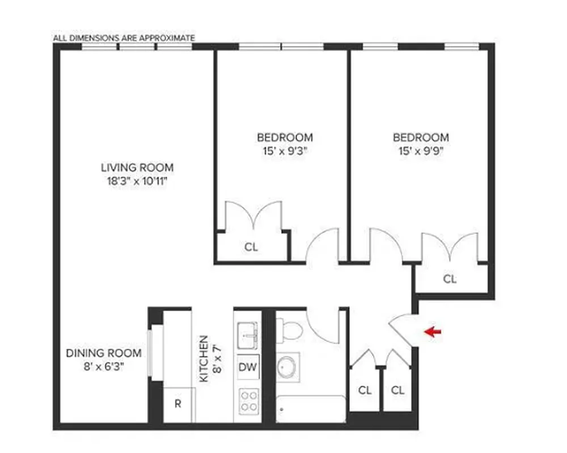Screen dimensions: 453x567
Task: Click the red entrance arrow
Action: [433, 332]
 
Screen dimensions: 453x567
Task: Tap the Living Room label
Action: [137, 168]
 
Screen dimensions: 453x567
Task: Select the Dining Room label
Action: [104, 353]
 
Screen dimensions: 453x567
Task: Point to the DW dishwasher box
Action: [248, 367]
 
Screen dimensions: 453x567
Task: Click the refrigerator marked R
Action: [177, 404]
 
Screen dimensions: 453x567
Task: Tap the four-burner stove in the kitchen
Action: [248, 401]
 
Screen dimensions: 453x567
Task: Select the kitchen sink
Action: [247, 335]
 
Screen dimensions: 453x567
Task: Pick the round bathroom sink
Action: [290, 367]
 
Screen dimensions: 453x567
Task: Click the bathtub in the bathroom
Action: [311, 409]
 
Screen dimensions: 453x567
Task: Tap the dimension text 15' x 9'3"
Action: [285, 151]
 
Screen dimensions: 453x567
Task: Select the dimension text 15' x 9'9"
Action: [421, 151]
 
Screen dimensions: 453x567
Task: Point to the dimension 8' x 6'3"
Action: [104, 366]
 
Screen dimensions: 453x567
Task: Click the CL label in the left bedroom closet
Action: [251, 247]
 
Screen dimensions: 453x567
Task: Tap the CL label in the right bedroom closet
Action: [450, 279]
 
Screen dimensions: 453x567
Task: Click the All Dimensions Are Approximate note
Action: [124, 38]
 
